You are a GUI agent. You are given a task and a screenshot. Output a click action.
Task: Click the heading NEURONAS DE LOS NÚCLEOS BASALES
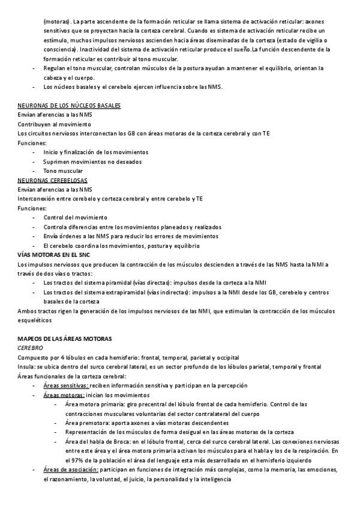(x=69, y=106)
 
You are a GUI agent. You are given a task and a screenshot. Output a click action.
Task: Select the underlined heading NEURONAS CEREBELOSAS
(x=52, y=180)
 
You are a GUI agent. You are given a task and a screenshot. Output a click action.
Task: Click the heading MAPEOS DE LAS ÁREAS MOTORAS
(x=64, y=339)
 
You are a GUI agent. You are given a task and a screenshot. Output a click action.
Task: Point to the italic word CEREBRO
(x=30, y=348)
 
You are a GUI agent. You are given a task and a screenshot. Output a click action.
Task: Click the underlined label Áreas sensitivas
(x=66, y=385)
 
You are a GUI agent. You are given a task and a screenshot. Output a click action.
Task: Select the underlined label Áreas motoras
(x=63, y=395)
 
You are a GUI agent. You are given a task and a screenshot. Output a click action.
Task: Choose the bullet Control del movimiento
(x=75, y=217)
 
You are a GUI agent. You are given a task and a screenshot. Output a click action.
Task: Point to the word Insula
(x=26, y=367)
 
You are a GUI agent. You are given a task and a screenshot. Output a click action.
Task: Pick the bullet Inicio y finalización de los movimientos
(x=95, y=152)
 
